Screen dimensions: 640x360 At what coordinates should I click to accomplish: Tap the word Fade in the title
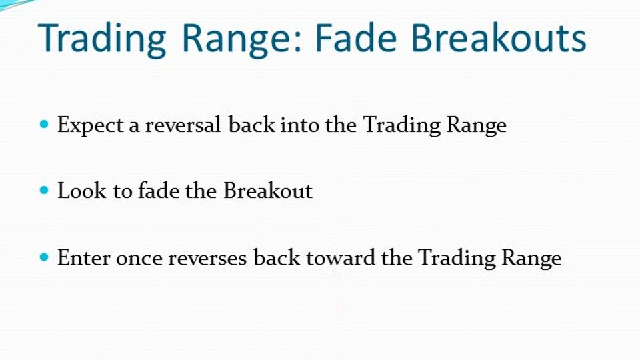coord(356,38)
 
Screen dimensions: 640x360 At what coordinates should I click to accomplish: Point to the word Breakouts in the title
coord(499,38)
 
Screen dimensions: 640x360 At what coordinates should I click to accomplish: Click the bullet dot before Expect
coord(45,124)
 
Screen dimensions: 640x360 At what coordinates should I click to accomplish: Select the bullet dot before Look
coord(45,190)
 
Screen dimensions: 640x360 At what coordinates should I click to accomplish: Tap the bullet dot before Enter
coord(45,257)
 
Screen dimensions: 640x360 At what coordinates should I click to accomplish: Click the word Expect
coord(90,125)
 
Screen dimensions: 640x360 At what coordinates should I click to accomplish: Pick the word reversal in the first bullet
coord(183,124)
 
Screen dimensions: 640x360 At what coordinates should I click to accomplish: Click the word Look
coord(81,191)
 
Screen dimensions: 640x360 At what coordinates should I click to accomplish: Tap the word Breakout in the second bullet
coord(268,190)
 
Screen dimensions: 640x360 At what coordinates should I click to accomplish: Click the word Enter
coord(84,257)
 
